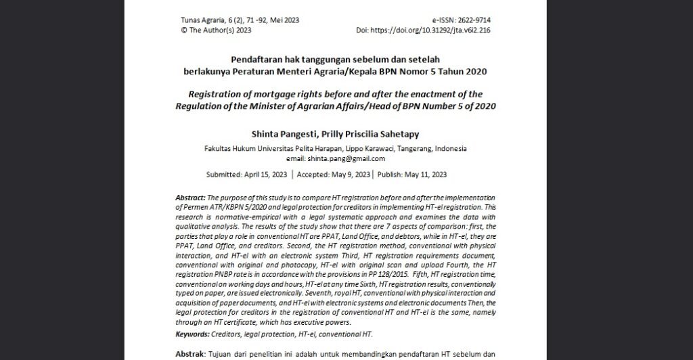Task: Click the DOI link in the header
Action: coord(433,30)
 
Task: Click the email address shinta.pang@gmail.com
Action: coord(345,158)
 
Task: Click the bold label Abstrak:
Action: coord(191,354)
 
